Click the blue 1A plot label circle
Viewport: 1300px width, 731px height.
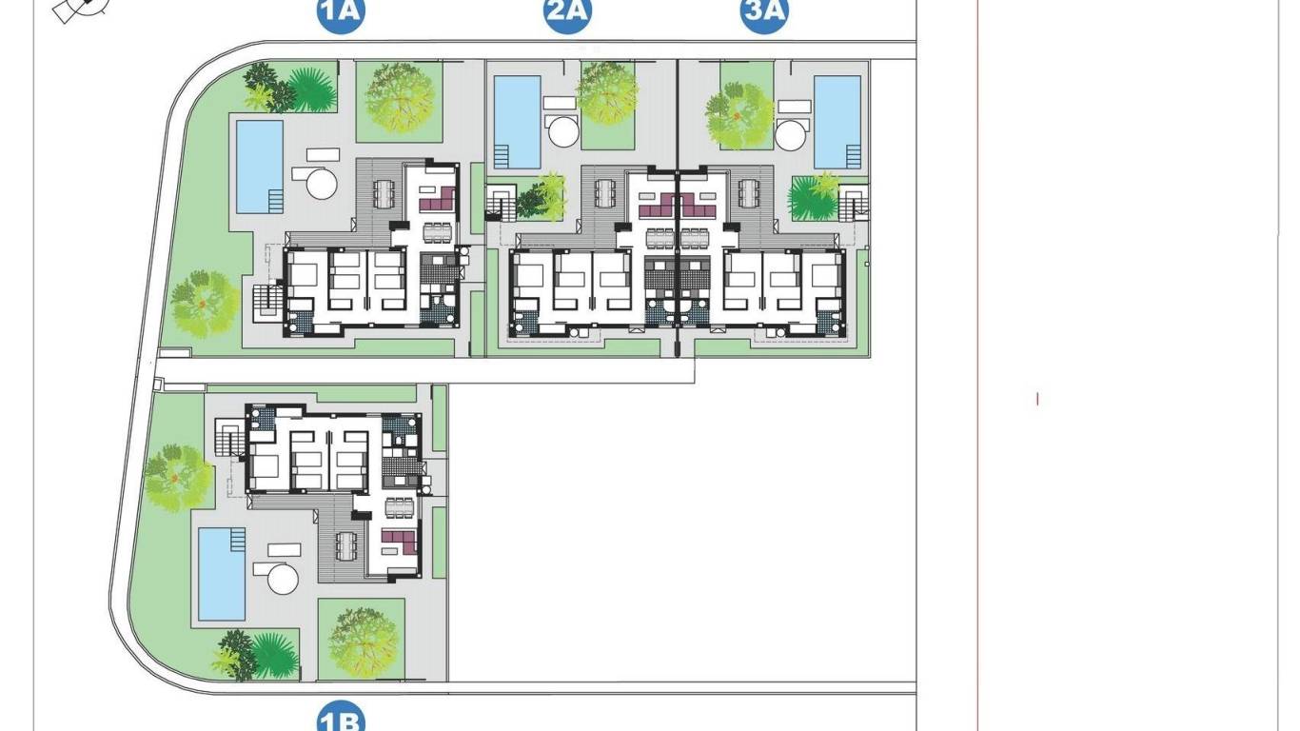coord(342,12)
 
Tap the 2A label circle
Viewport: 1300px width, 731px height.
coord(568,12)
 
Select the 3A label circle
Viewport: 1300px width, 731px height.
coord(764,12)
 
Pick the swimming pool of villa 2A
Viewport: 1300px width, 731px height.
coord(518,121)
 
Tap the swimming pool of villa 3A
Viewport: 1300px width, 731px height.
coord(837,121)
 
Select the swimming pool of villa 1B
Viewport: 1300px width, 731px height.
coord(221,573)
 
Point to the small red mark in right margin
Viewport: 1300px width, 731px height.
coord(1037,399)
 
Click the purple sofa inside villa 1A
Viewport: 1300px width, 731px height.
coord(439,201)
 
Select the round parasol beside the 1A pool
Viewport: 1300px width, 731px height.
coord(322,183)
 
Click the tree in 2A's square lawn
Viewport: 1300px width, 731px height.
coord(607,93)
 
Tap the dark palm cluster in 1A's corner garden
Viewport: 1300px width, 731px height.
coord(286,88)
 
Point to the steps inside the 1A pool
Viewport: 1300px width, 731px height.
coord(275,201)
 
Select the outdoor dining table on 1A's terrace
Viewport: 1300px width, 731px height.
coord(382,194)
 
